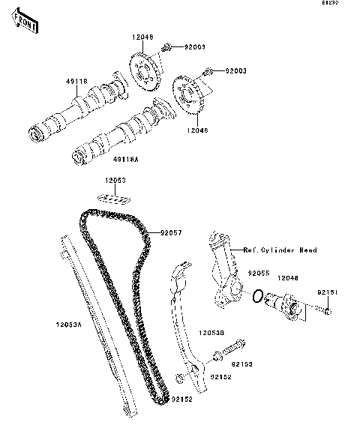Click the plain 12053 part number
coord(115,181)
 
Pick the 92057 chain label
coord(170,233)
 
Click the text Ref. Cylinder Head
coord(280,250)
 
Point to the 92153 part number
coord(241,364)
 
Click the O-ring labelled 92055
coord(257,298)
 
